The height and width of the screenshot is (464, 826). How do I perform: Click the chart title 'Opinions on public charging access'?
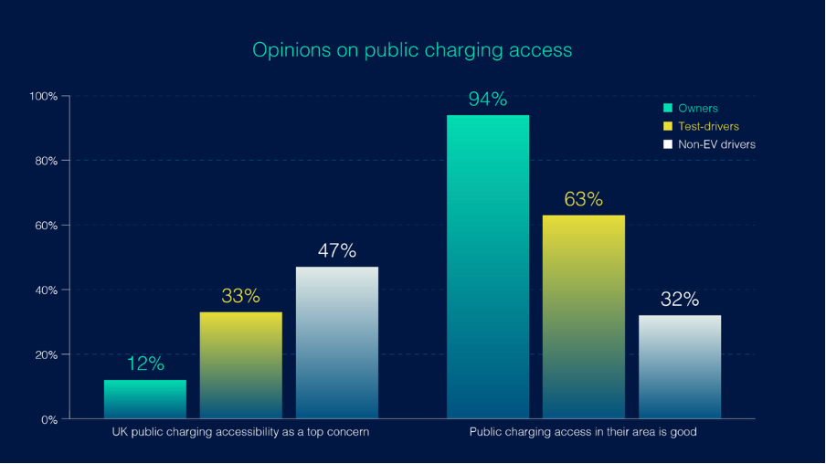(412, 49)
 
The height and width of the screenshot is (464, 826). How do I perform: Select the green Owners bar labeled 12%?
(145, 399)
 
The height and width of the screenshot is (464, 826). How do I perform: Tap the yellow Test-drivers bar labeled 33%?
(240, 365)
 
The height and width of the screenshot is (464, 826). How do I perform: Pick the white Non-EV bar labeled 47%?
(336, 343)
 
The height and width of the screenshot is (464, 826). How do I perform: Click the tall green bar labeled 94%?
(488, 267)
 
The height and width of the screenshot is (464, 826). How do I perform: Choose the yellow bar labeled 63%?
(583, 317)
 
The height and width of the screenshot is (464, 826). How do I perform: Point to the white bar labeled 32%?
(679, 366)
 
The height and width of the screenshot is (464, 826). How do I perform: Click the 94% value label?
(488, 100)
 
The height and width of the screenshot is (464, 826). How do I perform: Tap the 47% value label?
(336, 251)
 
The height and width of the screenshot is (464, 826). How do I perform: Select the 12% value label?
(145, 364)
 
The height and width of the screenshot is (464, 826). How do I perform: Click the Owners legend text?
(698, 109)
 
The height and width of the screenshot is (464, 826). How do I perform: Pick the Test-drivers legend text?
(708, 126)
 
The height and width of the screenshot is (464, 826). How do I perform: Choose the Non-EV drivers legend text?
(716, 144)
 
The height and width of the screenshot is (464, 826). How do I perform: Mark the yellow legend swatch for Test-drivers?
(668, 126)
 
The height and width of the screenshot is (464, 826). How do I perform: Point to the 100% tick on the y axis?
(44, 96)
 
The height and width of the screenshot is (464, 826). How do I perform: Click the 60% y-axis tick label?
(46, 226)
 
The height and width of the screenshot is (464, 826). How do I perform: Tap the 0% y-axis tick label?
(48, 419)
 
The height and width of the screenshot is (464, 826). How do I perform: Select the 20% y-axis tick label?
(46, 354)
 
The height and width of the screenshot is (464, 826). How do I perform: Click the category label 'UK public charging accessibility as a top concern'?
(235, 432)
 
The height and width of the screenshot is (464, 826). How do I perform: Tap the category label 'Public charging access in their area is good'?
(583, 432)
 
